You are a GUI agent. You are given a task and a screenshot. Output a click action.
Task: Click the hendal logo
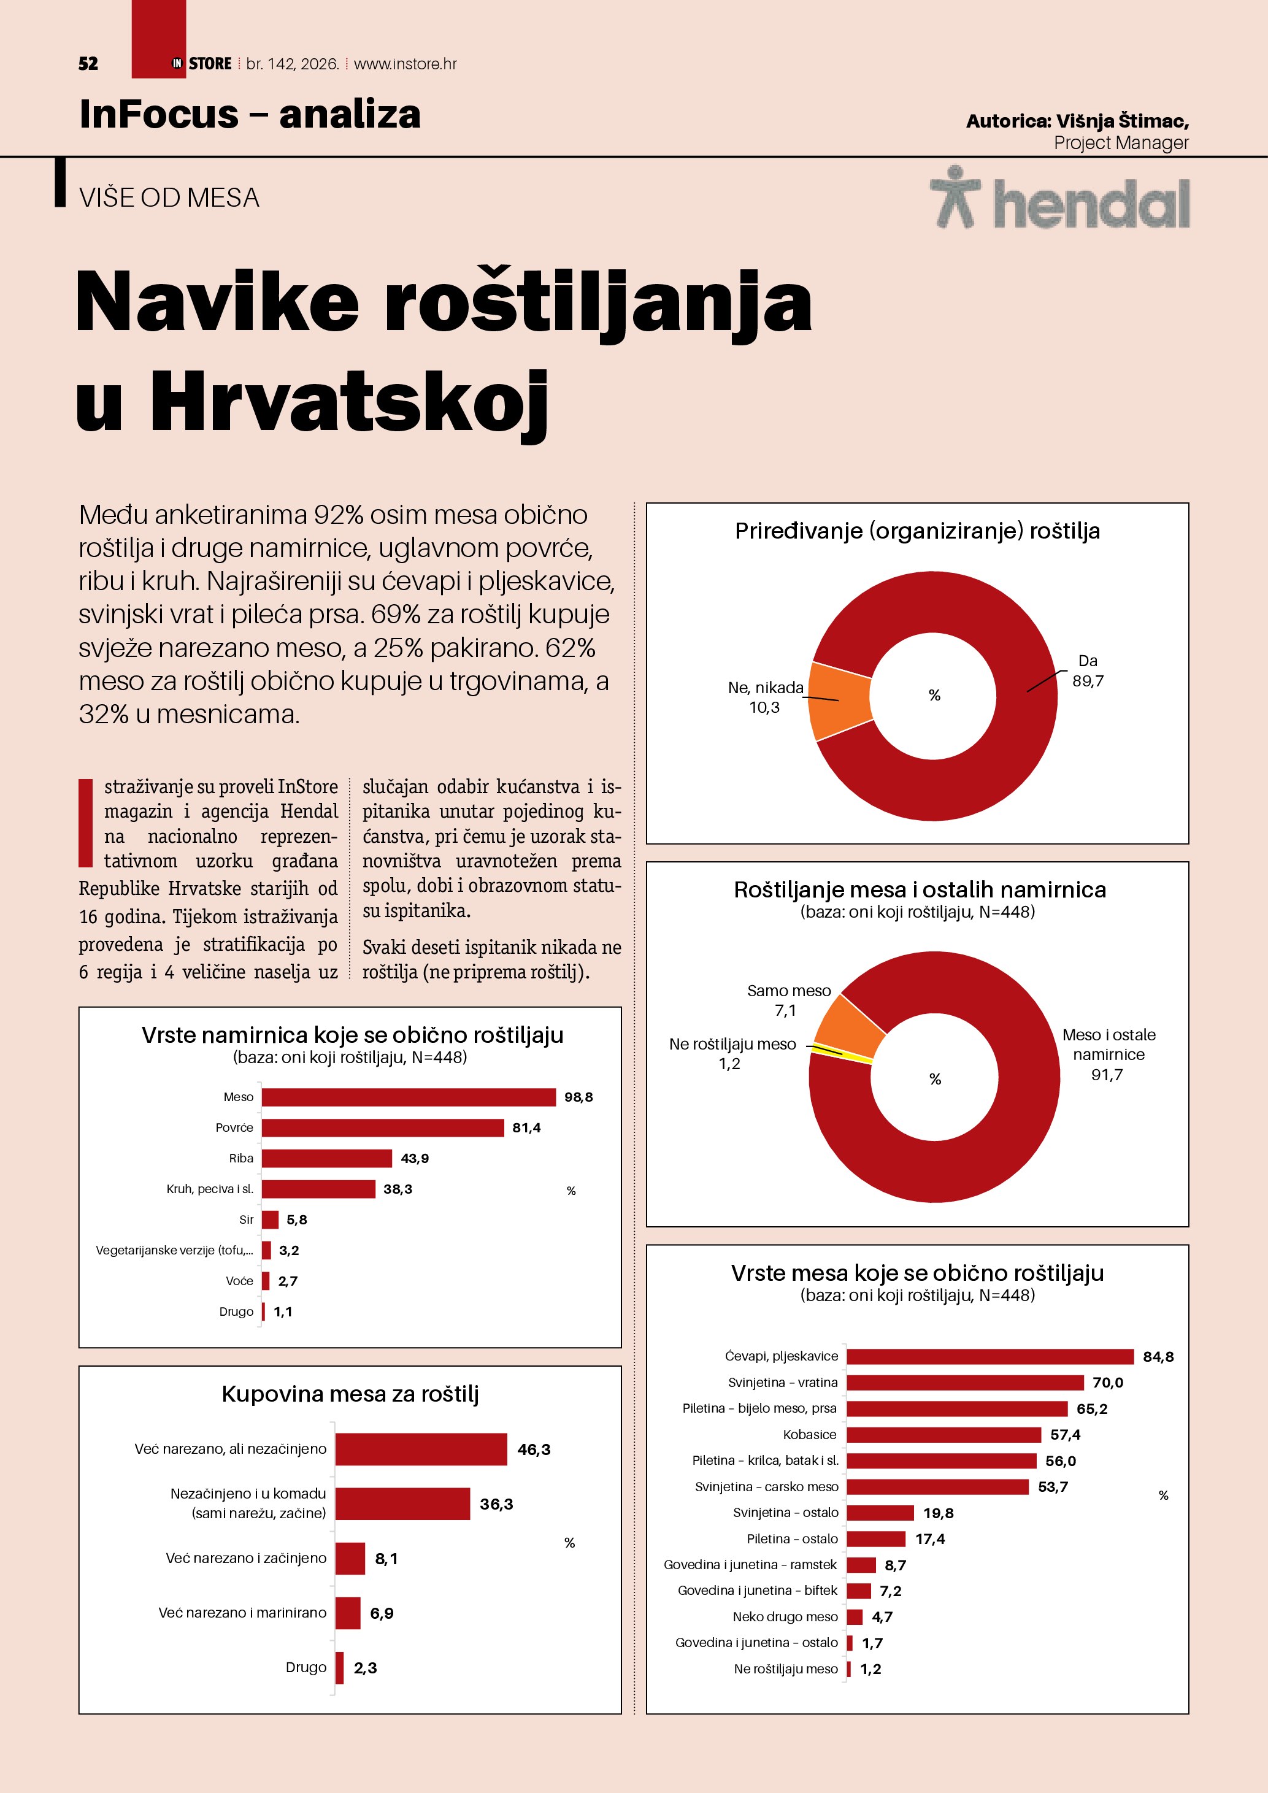click(x=1059, y=199)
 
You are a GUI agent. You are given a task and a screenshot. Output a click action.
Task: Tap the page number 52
click(x=88, y=64)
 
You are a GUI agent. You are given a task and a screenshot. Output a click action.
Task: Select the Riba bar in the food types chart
click(x=326, y=1158)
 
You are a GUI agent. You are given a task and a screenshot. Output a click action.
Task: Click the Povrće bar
click(x=383, y=1127)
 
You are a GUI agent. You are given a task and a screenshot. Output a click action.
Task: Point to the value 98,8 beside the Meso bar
click(x=578, y=1097)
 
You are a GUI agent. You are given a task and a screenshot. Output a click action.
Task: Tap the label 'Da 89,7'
click(x=1088, y=671)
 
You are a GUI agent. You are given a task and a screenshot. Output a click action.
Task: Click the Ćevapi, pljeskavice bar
click(x=989, y=1356)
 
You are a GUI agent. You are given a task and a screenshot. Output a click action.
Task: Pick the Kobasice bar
click(x=943, y=1435)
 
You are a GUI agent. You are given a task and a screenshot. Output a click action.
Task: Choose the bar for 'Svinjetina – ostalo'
click(x=880, y=1513)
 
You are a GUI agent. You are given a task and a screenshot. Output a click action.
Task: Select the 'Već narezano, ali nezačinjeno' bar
click(x=421, y=1449)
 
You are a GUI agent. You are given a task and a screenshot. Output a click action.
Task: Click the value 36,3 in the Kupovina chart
click(x=496, y=1504)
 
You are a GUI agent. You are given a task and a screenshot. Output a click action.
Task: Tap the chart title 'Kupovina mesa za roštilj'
click(x=350, y=1394)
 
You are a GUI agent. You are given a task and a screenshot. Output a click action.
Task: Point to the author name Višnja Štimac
click(x=1121, y=121)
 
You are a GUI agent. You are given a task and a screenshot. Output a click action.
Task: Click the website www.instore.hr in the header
click(x=405, y=64)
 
